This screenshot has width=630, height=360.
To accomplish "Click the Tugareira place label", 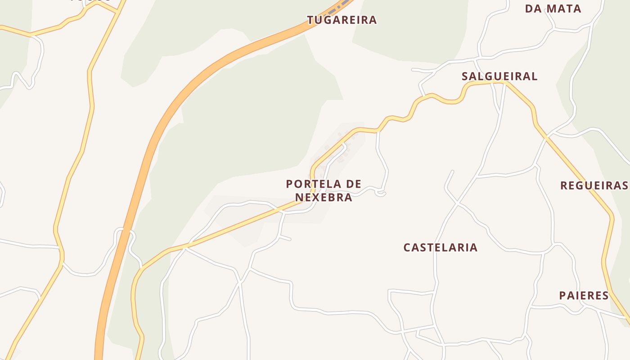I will point(342,20).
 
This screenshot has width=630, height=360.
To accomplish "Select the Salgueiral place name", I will point(499,76).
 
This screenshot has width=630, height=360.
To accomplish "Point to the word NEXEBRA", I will point(324,197).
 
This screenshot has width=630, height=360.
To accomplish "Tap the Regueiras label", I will point(594,185).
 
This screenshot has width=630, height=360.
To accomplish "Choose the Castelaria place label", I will point(440,247).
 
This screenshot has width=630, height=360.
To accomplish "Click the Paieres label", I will point(584,296).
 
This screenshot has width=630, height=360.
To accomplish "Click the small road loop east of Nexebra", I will point(381,193).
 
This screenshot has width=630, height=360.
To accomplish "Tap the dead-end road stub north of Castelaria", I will point(452,171).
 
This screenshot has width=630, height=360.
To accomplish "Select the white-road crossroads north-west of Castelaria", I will point(458,204).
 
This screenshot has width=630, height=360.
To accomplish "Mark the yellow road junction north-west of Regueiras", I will point(547,138).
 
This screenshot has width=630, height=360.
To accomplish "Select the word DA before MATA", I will point(533,9).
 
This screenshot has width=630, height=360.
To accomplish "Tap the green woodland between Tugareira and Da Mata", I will point(409,31).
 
